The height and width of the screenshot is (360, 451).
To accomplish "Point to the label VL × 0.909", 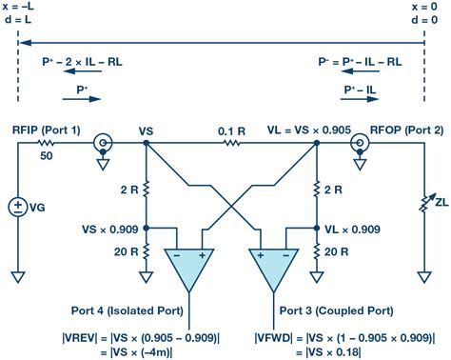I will click(x=362, y=230).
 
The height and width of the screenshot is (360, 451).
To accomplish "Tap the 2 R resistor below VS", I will click(x=145, y=190).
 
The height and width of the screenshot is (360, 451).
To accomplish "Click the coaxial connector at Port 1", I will click(x=102, y=145).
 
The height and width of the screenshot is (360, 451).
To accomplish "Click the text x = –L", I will click(x=23, y=7).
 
